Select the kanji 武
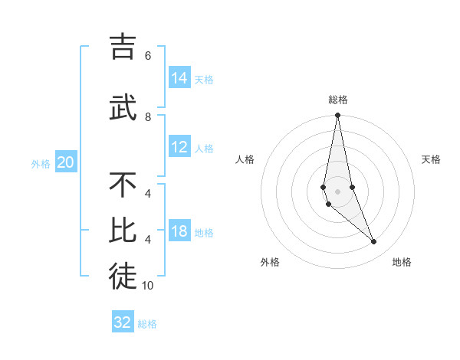(x=123, y=107)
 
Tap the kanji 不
(x=123, y=185)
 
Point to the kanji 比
(x=123, y=231)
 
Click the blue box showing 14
(x=179, y=78)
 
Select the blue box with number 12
(x=179, y=148)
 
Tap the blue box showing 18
(x=179, y=232)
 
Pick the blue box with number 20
(x=66, y=162)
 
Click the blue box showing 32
(x=123, y=322)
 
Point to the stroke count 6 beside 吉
(x=148, y=56)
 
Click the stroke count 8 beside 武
(x=148, y=117)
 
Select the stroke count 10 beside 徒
(x=148, y=286)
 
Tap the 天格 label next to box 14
(x=204, y=80)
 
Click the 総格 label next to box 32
(x=147, y=324)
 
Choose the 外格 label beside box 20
(x=41, y=164)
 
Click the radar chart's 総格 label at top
(x=337, y=100)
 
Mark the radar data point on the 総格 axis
(x=337, y=116)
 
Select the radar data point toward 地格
(x=374, y=242)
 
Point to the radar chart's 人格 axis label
(x=245, y=159)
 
